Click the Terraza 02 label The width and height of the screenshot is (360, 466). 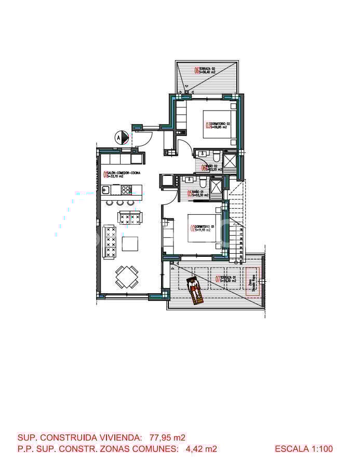coord(206,71)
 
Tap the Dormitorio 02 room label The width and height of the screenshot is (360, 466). coord(218,125)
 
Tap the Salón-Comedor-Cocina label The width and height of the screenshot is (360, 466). coord(122,175)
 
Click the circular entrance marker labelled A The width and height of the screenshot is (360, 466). coord(122,138)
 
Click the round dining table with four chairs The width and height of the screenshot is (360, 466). coord(127,277)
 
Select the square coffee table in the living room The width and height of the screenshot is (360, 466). coord(130,243)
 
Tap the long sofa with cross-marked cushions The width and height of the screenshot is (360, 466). coord(110,241)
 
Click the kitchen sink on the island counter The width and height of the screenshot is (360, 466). coord(105,189)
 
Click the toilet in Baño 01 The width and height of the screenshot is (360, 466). coord(204,183)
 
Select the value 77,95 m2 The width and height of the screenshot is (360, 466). coord(167,438)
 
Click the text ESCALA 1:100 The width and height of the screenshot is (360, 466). coord(303,449)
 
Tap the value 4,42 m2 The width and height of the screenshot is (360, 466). coord(201,449)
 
